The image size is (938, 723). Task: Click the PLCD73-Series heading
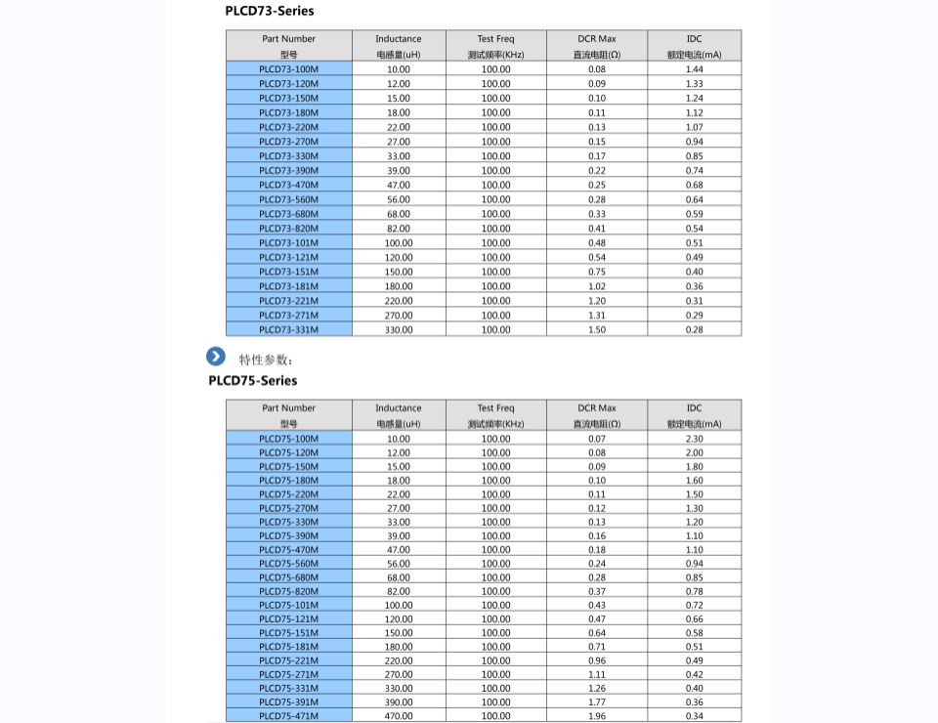[x=269, y=11]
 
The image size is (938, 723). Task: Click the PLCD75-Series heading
[x=252, y=380]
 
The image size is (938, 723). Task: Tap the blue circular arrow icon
[x=216, y=357]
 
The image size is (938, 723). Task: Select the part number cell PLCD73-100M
[x=288, y=69]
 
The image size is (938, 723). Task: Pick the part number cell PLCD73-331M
[x=288, y=329]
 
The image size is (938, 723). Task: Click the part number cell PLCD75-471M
[x=288, y=716]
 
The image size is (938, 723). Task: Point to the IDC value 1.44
[x=694, y=69]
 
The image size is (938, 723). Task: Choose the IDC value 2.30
[x=694, y=439]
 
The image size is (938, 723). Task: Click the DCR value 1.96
[x=597, y=716]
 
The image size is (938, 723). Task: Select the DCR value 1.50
[x=597, y=329]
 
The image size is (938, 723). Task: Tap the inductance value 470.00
[x=399, y=716]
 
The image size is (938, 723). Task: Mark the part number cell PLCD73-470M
[x=288, y=185]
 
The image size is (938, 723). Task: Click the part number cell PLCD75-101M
[x=288, y=605]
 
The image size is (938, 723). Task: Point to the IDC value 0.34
[x=694, y=716]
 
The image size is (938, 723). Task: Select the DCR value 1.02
[x=597, y=286]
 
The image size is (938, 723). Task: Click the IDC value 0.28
[x=694, y=329]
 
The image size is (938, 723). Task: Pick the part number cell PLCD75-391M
[x=288, y=702]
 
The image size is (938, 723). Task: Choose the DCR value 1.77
[x=597, y=702]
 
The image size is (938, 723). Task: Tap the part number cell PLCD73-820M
[x=288, y=229]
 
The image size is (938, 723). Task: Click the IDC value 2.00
[x=694, y=452]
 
